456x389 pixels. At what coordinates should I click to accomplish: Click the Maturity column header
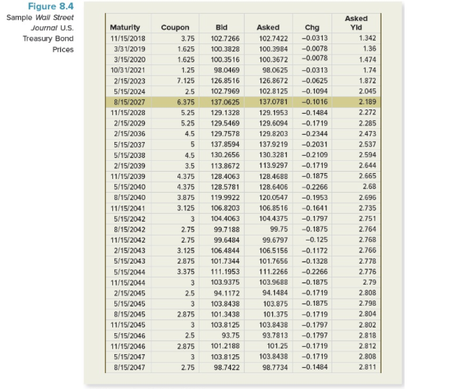tap(124, 28)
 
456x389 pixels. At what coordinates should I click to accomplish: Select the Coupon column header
tap(174, 28)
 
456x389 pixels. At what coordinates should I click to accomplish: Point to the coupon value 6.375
tap(184, 103)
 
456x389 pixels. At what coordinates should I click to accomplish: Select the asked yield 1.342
tap(368, 37)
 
